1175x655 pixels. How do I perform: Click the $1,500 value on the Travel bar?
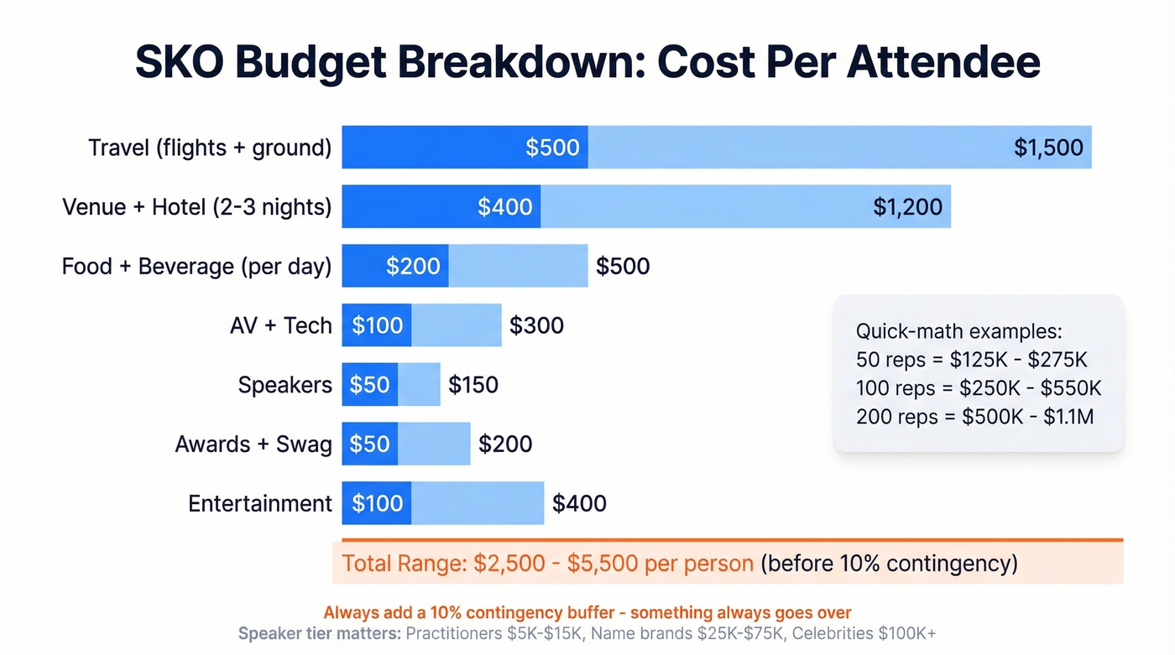(1048, 148)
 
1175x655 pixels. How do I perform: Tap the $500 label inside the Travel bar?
(552, 148)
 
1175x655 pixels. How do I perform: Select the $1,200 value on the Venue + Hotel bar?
(907, 207)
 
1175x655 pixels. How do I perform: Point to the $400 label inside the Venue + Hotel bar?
(504, 207)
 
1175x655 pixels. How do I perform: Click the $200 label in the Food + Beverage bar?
(413, 267)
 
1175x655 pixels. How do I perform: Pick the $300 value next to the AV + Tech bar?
(536, 325)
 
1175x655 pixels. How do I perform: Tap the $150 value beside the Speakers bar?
(473, 385)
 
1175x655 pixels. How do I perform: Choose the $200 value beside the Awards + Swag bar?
(505, 444)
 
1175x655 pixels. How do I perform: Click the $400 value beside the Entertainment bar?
(579, 503)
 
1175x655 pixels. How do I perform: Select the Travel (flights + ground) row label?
(210, 148)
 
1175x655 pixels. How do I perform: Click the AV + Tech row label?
(281, 325)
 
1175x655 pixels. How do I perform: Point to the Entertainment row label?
(260, 503)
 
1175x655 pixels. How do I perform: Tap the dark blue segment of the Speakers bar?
(369, 385)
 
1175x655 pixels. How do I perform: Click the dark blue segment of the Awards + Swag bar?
(369, 444)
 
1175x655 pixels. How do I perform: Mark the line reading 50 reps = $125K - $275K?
(971, 360)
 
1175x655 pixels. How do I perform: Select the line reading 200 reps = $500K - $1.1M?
(974, 416)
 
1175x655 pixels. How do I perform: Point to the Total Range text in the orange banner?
(401, 563)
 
